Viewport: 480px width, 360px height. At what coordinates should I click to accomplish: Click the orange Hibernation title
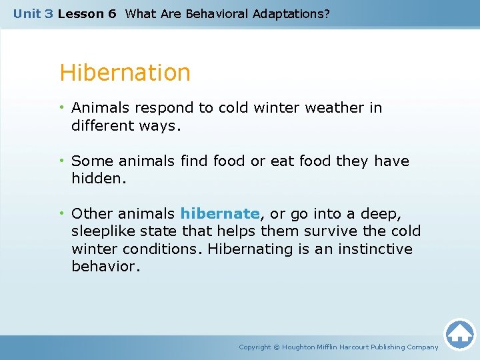125,73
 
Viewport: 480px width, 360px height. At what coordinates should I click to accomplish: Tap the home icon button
459,334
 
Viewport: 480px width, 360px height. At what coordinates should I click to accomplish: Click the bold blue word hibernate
219,214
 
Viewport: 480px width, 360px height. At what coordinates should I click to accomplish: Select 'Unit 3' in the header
33,13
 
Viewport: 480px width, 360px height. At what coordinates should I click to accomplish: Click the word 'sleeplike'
103,231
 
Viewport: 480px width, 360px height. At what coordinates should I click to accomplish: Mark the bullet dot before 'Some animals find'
63,161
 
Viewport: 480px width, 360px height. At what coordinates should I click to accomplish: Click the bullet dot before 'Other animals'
63,214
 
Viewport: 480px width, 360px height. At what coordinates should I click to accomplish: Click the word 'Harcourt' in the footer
353,347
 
